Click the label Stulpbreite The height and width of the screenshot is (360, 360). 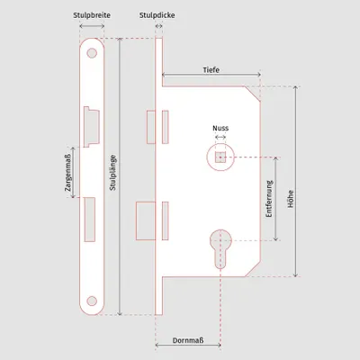[92, 15]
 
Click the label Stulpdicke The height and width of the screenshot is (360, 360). [157, 15]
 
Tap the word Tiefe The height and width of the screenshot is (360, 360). [211, 70]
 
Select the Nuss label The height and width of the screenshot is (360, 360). [220, 128]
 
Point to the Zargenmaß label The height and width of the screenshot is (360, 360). [67, 173]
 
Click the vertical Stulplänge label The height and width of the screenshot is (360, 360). [112, 173]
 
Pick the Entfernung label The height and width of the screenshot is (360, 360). [269, 199]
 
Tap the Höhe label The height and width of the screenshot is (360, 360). [291, 199]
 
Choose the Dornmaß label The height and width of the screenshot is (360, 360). [188, 340]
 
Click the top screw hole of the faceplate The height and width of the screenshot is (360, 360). [92, 53]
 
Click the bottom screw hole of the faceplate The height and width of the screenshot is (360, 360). [92, 301]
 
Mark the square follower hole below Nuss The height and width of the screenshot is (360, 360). [220, 157]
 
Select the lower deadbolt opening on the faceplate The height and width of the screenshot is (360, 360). [90, 220]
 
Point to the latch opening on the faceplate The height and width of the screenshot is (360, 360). [91, 127]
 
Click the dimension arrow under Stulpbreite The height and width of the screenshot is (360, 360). [92, 26]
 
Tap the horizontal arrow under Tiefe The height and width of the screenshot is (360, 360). [211, 75]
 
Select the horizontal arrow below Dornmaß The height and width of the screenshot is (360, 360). [188, 346]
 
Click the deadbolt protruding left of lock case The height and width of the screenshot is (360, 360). [146, 221]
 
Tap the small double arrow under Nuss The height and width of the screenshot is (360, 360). [220, 137]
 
